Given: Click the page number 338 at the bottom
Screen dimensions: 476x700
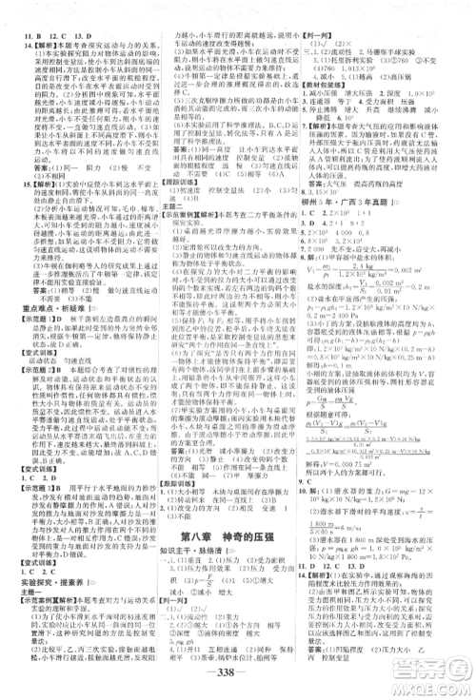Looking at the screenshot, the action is [x=237, y=679].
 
